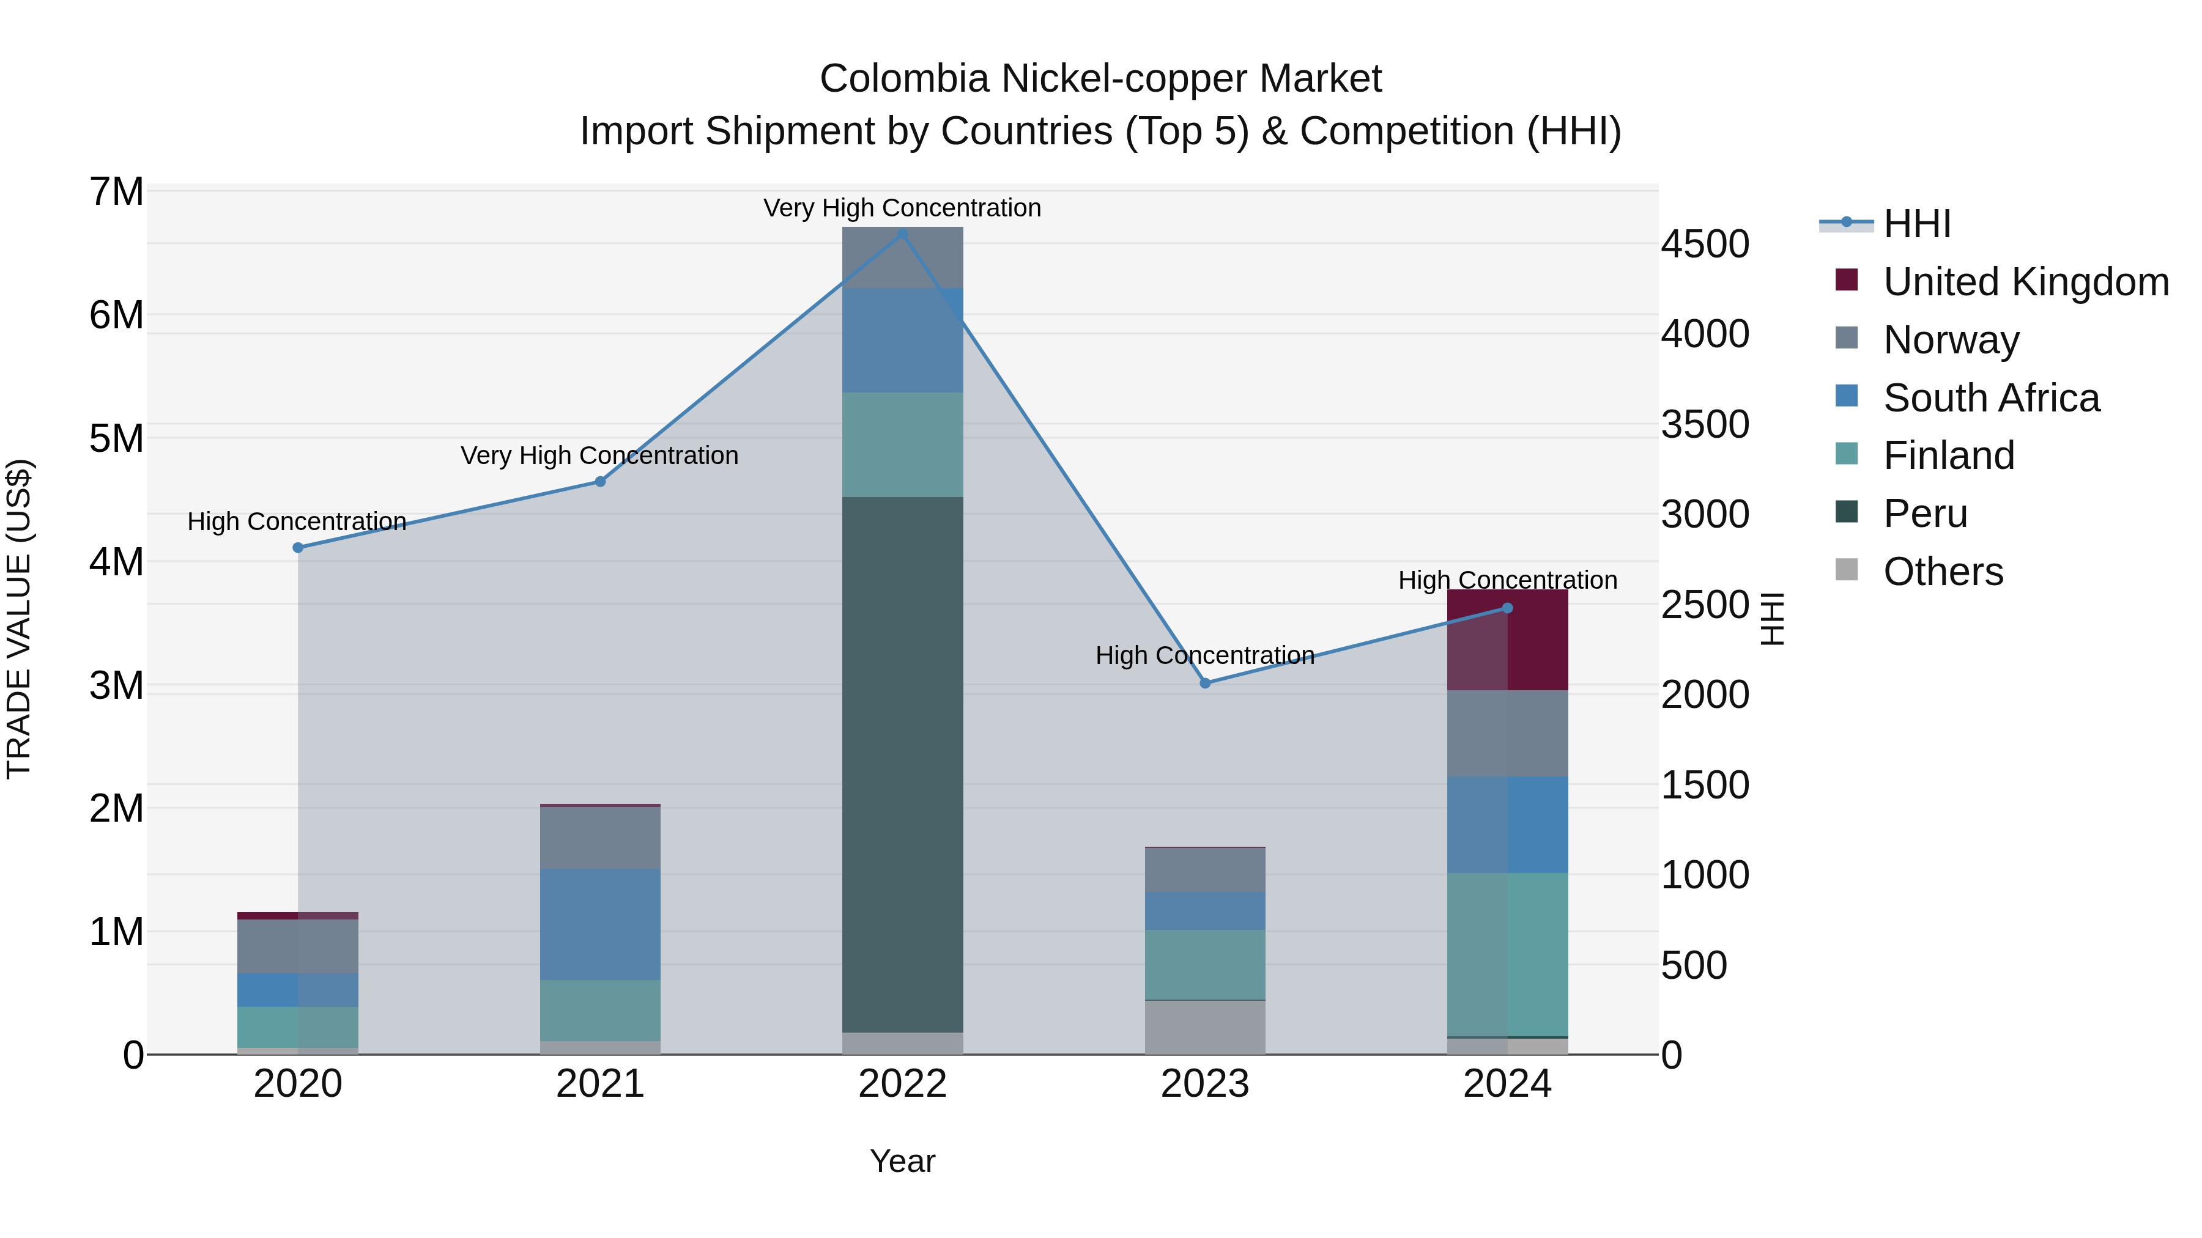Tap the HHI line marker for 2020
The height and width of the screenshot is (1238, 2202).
(298, 548)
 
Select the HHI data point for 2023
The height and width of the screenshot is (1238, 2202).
(1205, 683)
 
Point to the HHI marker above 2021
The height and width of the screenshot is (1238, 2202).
(600, 482)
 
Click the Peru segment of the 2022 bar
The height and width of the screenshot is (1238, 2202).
(903, 765)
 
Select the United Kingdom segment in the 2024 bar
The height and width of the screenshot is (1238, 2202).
(1507, 640)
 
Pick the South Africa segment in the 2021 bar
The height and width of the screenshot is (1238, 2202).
(600, 924)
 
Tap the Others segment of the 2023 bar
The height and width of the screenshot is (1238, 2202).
(1205, 1027)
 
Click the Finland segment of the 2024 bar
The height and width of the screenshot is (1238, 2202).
(1507, 954)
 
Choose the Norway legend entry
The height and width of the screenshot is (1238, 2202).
(1950, 340)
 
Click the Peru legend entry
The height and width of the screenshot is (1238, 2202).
(1924, 514)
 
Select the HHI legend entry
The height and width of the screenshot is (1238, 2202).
(1916, 224)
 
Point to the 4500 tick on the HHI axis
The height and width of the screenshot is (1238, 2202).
(1705, 245)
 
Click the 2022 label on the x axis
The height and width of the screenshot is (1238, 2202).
(903, 1084)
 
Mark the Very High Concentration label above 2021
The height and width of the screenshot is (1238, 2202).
(599, 455)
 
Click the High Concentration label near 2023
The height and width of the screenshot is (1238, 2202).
(1204, 655)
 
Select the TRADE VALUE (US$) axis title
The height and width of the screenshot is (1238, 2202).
(19, 619)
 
